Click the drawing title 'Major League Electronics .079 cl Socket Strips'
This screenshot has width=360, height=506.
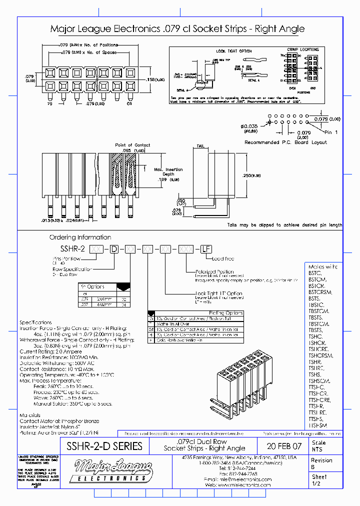click(x=177, y=29)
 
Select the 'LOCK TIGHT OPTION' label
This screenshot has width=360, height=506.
click(x=234, y=51)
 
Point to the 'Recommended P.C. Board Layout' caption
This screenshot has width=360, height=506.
click(x=285, y=142)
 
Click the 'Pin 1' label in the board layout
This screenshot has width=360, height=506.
click(x=331, y=132)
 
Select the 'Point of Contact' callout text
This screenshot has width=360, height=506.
click(x=132, y=145)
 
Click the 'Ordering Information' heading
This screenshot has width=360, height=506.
click(x=80, y=237)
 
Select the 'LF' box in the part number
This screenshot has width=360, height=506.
click(x=205, y=248)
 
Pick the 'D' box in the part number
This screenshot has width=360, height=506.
click(x=114, y=248)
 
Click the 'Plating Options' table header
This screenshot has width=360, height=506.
click(x=224, y=313)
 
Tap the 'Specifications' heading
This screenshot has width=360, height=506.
click(x=35, y=322)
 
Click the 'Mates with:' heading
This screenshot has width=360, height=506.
click(x=322, y=267)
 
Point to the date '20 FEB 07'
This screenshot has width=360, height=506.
click(x=284, y=446)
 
